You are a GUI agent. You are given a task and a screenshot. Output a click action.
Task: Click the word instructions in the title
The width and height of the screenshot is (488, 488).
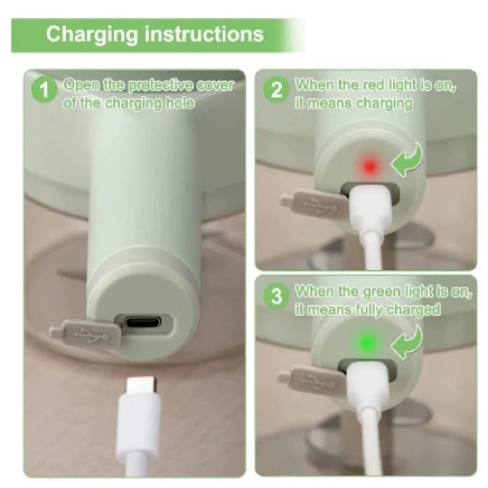(204, 34)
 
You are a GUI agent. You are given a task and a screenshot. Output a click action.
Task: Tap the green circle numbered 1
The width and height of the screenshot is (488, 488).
(45, 90)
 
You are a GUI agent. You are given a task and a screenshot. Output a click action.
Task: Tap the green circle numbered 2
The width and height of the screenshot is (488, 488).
(276, 90)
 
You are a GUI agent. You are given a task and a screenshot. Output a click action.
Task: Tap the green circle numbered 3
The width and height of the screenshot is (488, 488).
(276, 296)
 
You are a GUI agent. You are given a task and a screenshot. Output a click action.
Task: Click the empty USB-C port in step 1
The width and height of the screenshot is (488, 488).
(144, 322)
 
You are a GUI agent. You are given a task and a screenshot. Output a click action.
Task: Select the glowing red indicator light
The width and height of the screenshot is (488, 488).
(370, 166)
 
